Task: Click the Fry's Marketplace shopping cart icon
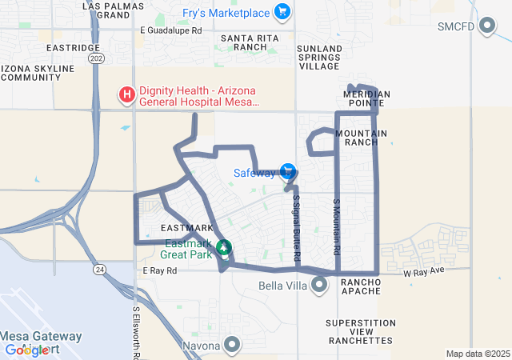(282, 12)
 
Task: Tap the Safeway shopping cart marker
(288, 172)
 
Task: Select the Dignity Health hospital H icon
(126, 96)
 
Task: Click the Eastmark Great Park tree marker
(225, 248)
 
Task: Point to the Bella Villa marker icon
(320, 285)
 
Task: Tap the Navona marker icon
(232, 346)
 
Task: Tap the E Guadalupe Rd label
(170, 30)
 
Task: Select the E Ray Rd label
(159, 271)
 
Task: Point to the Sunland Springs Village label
(319, 58)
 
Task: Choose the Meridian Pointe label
(366, 99)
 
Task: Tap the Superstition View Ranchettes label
(361, 331)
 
